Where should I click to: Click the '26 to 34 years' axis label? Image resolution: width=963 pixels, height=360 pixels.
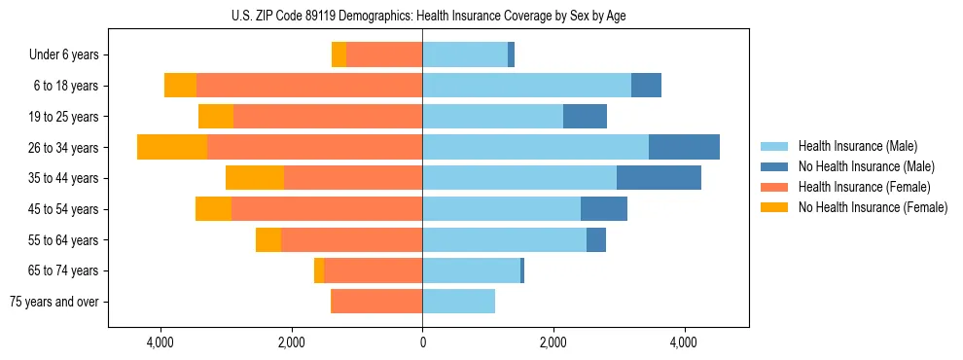coord(65,148)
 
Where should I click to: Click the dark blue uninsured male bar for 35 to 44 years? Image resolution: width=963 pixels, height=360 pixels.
coord(659,178)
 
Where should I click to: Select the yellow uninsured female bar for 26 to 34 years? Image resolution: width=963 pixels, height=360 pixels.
coord(172,147)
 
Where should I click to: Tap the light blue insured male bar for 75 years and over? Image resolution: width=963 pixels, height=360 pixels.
coord(458,302)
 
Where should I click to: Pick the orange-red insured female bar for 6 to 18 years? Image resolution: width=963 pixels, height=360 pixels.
coord(309,86)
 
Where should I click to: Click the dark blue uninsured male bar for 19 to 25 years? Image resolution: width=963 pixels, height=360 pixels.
coord(585,117)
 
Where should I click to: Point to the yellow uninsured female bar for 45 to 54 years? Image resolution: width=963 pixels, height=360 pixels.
coord(213,209)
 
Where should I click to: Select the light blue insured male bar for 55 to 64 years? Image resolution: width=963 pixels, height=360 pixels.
coord(504,240)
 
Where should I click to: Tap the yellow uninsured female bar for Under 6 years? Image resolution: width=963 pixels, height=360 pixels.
coord(339,54)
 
